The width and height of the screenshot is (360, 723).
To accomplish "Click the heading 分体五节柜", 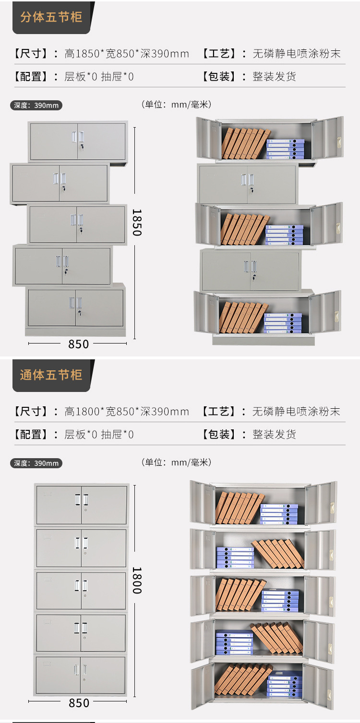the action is coord(51,17).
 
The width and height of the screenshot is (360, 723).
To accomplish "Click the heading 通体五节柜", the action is coord(51,375).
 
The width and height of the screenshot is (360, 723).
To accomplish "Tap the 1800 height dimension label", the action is coord(136,581).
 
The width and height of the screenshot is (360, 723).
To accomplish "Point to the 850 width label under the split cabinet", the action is coord(79,344).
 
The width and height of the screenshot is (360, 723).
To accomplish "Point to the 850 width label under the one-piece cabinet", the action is coord(79,703).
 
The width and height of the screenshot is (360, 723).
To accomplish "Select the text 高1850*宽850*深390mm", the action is coord(127,53).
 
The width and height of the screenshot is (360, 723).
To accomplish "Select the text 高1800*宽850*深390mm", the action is coord(127,412).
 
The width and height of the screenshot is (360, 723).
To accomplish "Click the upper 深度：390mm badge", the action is coord(36,105).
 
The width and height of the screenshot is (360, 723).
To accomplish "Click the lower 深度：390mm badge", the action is coord(36,463).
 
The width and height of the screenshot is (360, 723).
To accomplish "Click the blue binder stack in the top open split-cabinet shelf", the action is coord(286,149).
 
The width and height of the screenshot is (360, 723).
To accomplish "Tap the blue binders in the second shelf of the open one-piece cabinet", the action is coord(235,557).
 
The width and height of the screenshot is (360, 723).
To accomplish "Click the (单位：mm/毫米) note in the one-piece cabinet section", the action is coord(176,462).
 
